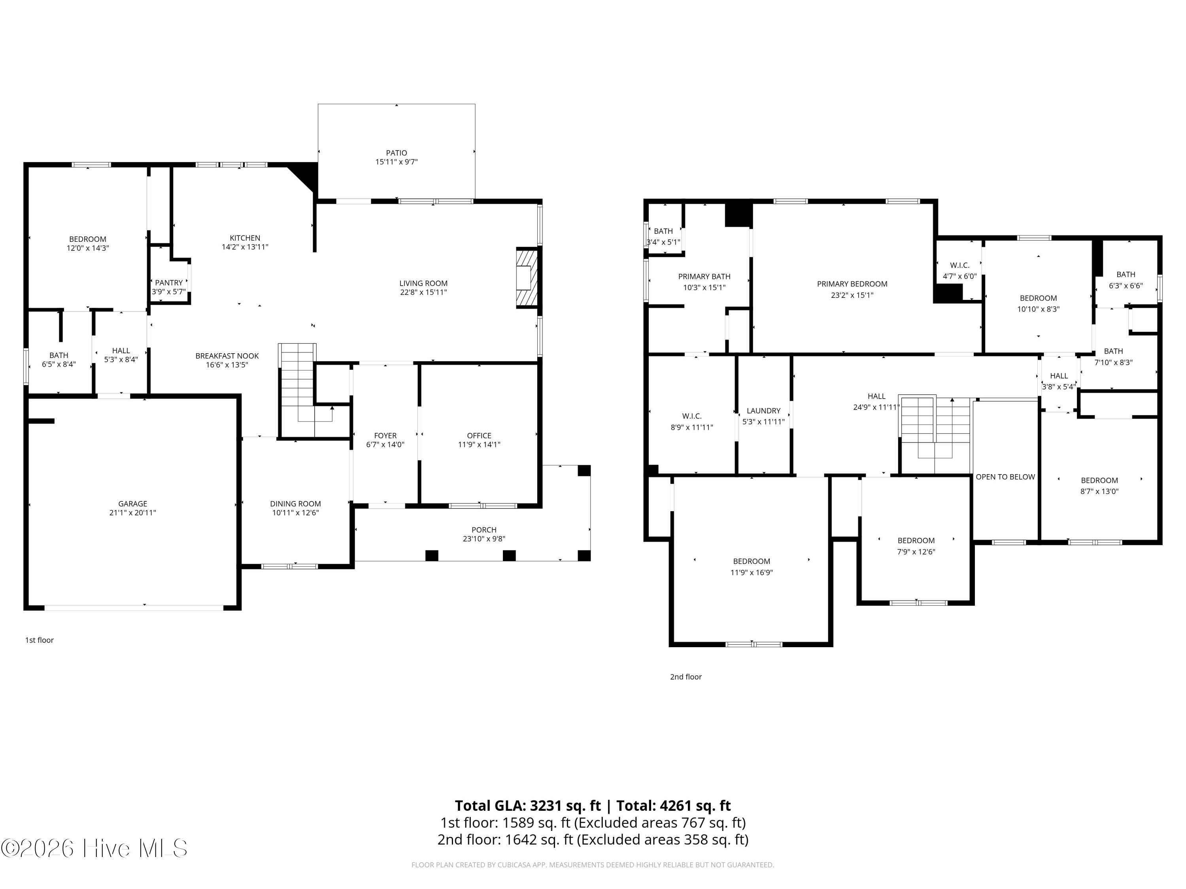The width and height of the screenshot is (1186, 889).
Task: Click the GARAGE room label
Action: [132, 504]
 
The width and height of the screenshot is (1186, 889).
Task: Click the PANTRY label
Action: [169, 283]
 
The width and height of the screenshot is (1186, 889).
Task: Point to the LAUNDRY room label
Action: [763, 411]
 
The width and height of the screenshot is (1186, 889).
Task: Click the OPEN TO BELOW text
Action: [1005, 477]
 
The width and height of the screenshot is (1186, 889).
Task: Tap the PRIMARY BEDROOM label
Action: [852, 284]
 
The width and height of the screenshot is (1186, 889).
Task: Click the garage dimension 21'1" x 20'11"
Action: [132, 513]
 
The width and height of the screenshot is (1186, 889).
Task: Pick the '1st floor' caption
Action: [40, 640]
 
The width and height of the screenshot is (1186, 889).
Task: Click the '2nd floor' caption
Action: [686, 677]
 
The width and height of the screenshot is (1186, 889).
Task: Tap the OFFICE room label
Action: [479, 436]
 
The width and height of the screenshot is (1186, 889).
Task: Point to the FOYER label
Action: [385, 436]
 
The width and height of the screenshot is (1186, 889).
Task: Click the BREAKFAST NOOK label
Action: [227, 356]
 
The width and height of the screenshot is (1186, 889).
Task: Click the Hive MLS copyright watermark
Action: [94, 848]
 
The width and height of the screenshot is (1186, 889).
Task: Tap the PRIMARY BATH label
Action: [704, 277]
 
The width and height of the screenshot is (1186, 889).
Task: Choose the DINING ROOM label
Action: [295, 504]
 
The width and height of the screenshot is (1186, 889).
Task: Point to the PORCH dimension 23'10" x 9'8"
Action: [484, 539]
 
